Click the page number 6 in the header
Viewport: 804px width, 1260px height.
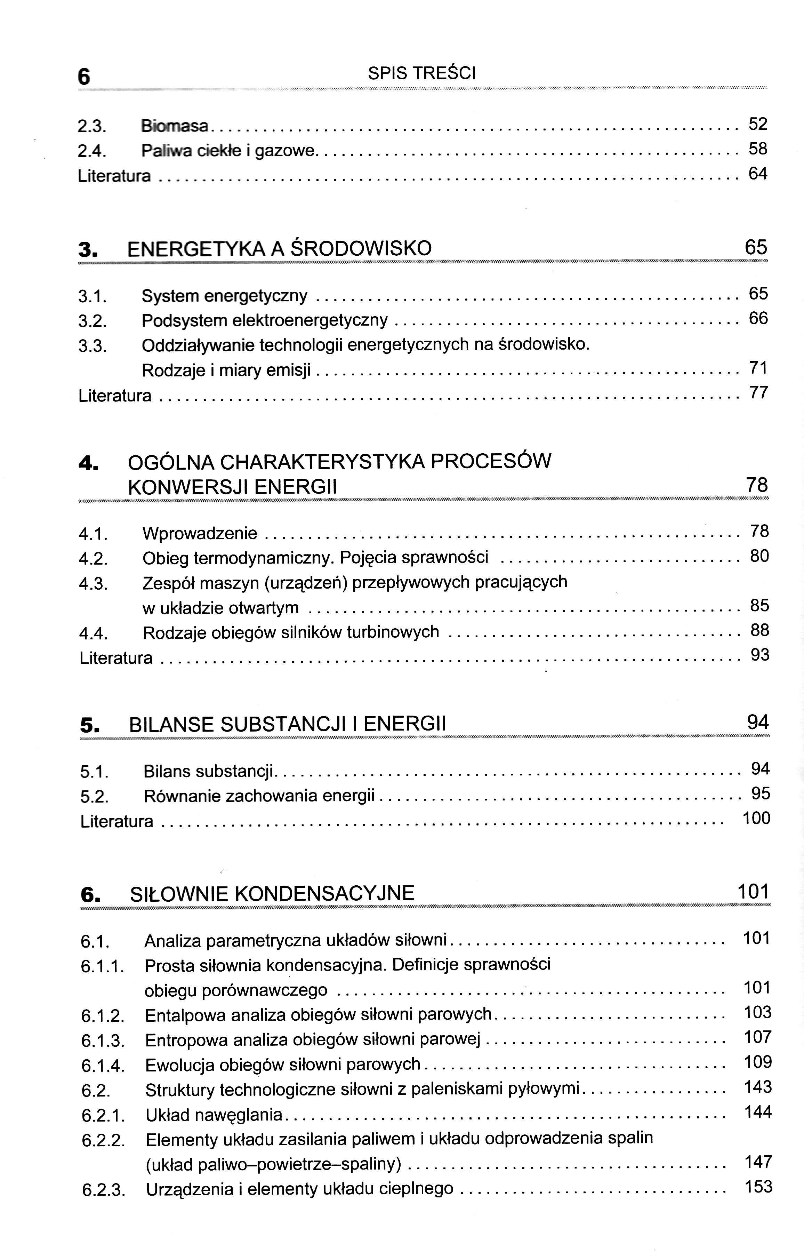[84, 77]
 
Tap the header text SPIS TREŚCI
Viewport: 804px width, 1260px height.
[421, 73]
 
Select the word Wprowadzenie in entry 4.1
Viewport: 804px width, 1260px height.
[200, 533]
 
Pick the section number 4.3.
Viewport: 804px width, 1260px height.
[93, 583]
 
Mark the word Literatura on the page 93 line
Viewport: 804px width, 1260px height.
[116, 658]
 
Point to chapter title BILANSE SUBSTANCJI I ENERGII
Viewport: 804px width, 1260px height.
[287, 724]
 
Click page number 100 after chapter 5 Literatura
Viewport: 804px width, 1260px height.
[756, 818]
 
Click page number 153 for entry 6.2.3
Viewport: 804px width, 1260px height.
[758, 1186]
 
